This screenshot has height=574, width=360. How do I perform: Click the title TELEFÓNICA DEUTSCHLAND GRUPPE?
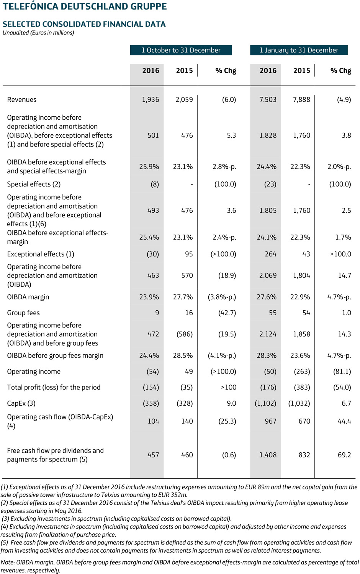tap(85, 7)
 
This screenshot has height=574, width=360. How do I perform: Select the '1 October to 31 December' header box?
tap(181, 50)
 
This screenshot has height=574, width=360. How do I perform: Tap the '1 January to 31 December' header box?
tap(299, 50)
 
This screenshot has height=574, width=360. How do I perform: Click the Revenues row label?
tap(22, 99)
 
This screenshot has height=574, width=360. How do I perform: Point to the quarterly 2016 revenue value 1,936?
tap(151, 99)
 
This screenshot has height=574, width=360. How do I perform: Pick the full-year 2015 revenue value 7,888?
tap(301, 99)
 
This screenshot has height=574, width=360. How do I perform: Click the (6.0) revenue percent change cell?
tap(229, 99)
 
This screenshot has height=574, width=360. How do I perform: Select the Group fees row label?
tap(23, 313)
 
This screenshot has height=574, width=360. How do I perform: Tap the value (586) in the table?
tap(185, 334)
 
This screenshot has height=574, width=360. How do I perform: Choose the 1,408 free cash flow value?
tap(268, 455)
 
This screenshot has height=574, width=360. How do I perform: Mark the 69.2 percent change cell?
tap(344, 455)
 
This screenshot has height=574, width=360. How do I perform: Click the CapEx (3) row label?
tap(21, 403)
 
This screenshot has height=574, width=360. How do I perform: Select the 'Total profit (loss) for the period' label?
tap(54, 387)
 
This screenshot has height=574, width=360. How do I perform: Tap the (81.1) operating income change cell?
tap(342, 372)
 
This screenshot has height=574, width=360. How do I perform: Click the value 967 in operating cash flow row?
tap(270, 421)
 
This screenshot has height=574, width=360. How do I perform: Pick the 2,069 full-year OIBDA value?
tap(268, 276)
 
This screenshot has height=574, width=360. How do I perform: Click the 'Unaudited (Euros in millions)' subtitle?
tap(38, 33)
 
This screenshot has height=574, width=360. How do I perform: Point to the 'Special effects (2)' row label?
tap(34, 184)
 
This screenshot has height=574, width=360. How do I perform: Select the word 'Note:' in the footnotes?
tap(8, 562)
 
